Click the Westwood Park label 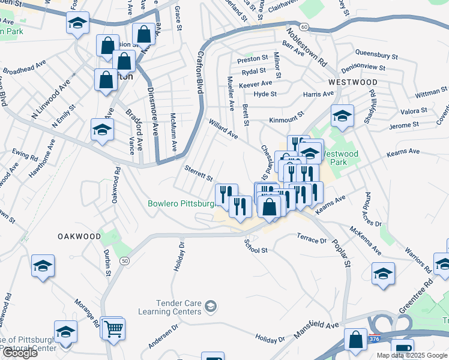(x=340, y=158)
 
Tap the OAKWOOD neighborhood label (x=79, y=236)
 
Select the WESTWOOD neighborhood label (x=352, y=82)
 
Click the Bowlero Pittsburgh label (x=181, y=204)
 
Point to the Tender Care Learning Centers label (x=170, y=307)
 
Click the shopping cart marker (x=113, y=328)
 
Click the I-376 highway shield (x=375, y=339)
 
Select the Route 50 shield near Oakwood (x=124, y=260)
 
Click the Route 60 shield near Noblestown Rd (x=304, y=27)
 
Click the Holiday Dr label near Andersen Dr (x=270, y=338)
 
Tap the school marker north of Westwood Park (x=342, y=115)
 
